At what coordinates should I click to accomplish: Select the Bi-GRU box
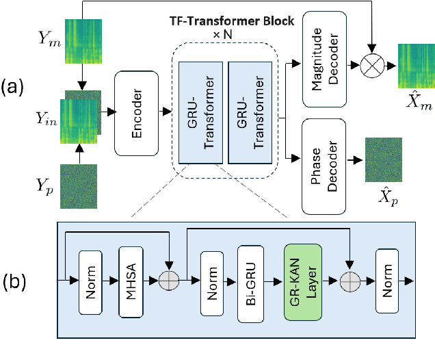(x=251, y=281)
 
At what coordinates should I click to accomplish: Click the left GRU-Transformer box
(x=198, y=112)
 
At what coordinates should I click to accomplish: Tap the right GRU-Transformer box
(x=248, y=112)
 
